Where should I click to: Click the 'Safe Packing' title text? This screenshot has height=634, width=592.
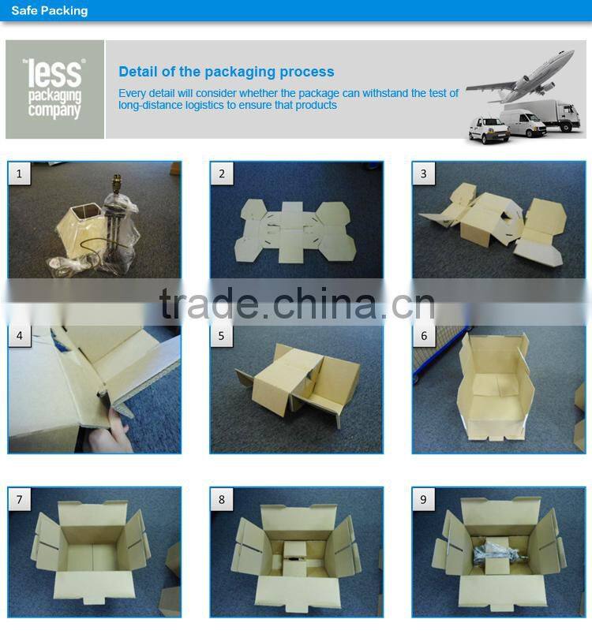(x=50, y=10)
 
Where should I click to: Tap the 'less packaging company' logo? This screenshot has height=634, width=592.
(x=54, y=89)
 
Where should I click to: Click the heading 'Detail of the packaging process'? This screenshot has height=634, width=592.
(x=227, y=72)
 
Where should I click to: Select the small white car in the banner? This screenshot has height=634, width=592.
(x=489, y=130)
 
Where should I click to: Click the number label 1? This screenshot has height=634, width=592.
(x=19, y=173)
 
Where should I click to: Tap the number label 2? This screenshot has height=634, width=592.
(x=221, y=173)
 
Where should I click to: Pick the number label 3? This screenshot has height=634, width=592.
(x=424, y=173)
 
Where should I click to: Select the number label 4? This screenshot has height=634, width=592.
(x=20, y=336)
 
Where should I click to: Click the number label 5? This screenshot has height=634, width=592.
(x=221, y=336)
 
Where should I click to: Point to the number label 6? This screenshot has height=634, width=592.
(x=424, y=336)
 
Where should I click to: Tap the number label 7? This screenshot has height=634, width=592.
(x=19, y=499)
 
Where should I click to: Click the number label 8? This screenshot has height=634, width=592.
(x=221, y=499)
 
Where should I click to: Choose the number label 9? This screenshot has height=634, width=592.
(x=424, y=499)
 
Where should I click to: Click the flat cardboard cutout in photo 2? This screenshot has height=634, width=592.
(x=295, y=230)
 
